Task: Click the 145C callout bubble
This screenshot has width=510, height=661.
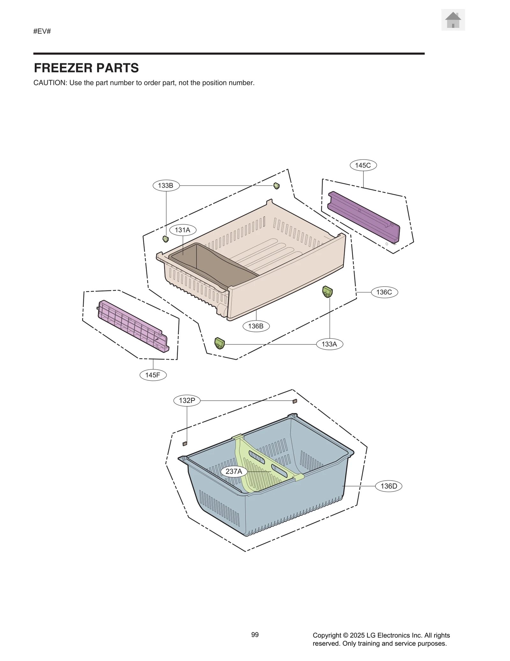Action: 363,165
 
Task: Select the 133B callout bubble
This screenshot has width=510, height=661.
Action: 166,185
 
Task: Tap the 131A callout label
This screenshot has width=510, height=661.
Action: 183,230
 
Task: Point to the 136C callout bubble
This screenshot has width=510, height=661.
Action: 384,292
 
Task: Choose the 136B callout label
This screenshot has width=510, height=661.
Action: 256,326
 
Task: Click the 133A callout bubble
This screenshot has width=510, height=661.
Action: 329,344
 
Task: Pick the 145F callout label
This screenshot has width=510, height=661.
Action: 153,375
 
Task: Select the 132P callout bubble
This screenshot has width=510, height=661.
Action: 187,401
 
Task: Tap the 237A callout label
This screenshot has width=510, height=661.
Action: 234,471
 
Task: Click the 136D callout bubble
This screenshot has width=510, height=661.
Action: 389,486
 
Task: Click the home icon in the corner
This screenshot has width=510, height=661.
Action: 453,20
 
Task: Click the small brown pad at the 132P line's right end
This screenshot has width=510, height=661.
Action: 295,401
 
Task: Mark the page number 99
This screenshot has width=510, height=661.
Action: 255,635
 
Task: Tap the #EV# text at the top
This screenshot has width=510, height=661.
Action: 42,31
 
